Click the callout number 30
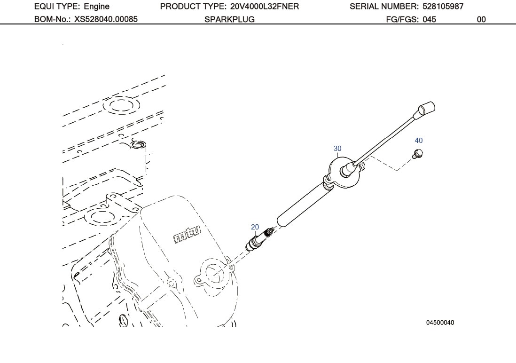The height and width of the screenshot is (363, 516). coord(337,149)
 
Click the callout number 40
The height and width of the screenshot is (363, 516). coord(419,141)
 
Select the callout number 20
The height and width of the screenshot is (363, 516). coord(255,227)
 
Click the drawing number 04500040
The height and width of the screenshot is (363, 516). coord(440,323)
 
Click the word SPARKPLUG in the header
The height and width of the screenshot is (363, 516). coord(229,19)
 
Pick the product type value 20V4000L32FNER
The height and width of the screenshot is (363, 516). coord(265,7)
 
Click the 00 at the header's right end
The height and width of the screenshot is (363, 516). coord(481,19)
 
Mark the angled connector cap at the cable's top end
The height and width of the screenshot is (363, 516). coord(424,109)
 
